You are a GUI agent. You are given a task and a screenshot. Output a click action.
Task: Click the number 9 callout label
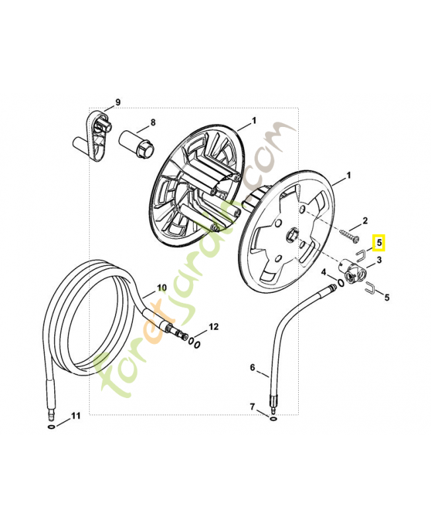coord(118,102)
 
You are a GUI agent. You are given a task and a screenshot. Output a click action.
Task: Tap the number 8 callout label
coord(153,122)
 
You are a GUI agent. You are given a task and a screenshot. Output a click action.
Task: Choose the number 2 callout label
coord(365,220)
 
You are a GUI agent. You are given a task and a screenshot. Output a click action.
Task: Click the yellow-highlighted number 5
coord(379,243)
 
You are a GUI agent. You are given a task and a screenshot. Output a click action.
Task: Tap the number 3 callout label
coord(379,261)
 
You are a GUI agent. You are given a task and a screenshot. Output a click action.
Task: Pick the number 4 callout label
coord(324,272)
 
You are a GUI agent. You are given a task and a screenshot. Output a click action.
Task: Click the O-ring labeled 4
coord(338,283)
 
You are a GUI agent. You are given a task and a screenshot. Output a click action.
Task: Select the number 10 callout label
coord(162,288)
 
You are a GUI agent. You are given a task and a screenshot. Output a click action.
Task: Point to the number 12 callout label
coord(213,327)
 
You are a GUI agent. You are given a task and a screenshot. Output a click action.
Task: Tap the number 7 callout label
coord(252,405)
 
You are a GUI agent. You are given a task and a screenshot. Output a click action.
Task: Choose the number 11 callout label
coord(75,416)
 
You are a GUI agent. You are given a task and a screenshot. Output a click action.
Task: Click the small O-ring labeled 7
coord(273,417)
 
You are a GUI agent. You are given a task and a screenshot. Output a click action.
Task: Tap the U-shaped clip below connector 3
coord(371,287)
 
